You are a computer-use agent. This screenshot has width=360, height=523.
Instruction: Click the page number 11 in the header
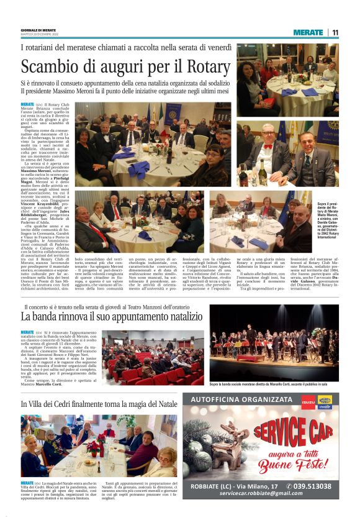click(x=335, y=33)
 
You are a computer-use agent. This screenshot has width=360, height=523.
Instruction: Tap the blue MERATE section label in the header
click(x=308, y=33)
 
